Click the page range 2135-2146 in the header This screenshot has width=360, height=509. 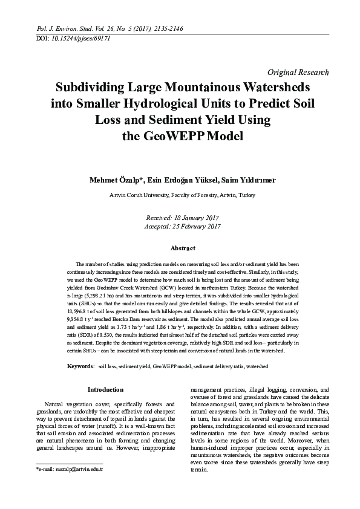(x=162, y=28)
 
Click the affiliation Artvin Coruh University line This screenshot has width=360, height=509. (x=182, y=195)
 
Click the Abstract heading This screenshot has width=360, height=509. (x=183, y=248)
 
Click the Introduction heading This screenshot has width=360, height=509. (x=105, y=389)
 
